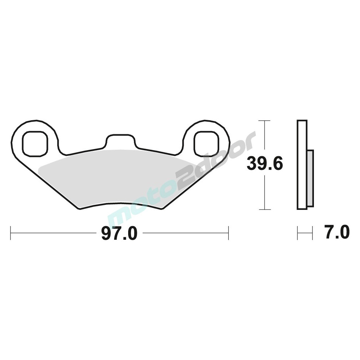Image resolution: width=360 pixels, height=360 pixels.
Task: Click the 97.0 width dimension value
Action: pos(119,233)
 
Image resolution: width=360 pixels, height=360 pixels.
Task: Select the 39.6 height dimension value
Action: pos(265,163)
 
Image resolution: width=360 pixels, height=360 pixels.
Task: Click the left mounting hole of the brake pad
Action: pos(35,144)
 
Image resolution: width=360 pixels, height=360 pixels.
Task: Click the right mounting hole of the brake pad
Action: pos(206,144)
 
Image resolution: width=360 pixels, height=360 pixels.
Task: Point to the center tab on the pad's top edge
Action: pos(120,140)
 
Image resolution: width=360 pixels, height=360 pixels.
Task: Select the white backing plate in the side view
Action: pos(302,165)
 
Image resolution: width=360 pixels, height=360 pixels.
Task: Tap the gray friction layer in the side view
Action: pos(310,178)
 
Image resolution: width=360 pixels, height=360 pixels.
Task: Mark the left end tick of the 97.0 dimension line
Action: pos(10,233)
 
